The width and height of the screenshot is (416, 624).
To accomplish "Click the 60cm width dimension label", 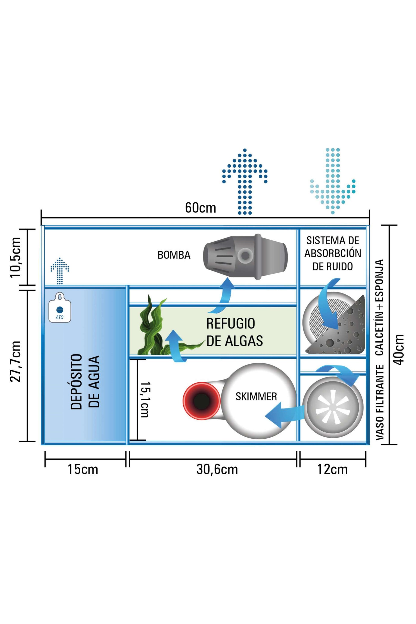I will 200,208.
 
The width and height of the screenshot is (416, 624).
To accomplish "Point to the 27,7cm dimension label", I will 15,361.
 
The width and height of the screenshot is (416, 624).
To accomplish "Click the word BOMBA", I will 174,255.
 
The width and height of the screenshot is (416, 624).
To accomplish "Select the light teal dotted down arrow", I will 333,180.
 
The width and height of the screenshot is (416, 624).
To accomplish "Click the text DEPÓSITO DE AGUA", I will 85,382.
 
